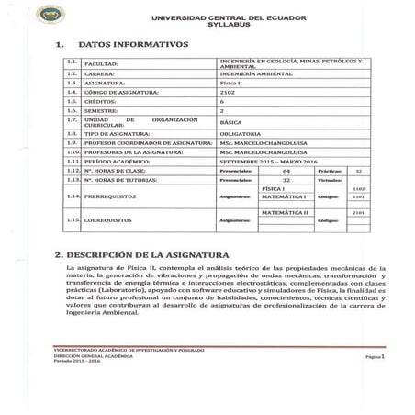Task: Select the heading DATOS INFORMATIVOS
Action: [x=133, y=44]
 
